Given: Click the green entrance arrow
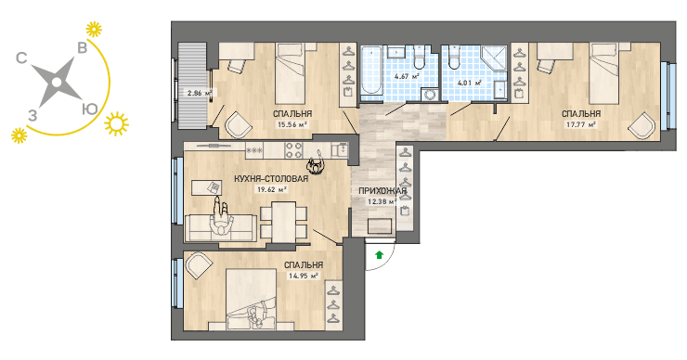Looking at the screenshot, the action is (380, 254).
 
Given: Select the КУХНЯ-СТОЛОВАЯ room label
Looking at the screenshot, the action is (271, 179).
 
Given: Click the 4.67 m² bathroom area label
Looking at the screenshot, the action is (407, 76).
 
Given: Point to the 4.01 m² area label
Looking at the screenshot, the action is (469, 83).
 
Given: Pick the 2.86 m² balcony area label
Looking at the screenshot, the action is (200, 93).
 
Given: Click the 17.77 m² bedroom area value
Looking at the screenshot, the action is (581, 124).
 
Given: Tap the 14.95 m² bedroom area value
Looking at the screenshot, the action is (303, 276).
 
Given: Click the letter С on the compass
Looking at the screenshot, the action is (21, 58).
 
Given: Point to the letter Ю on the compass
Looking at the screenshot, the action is (90, 109).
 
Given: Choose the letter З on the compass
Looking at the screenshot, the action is (32, 116).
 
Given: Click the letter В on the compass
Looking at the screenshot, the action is (82, 47).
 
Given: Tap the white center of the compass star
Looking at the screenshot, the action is (56, 83).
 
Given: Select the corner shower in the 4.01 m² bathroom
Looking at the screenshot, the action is (493, 59).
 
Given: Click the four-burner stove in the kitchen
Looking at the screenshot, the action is (293, 150).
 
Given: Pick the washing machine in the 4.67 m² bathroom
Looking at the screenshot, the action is (429, 95).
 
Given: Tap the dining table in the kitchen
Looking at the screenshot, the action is (283, 221).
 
